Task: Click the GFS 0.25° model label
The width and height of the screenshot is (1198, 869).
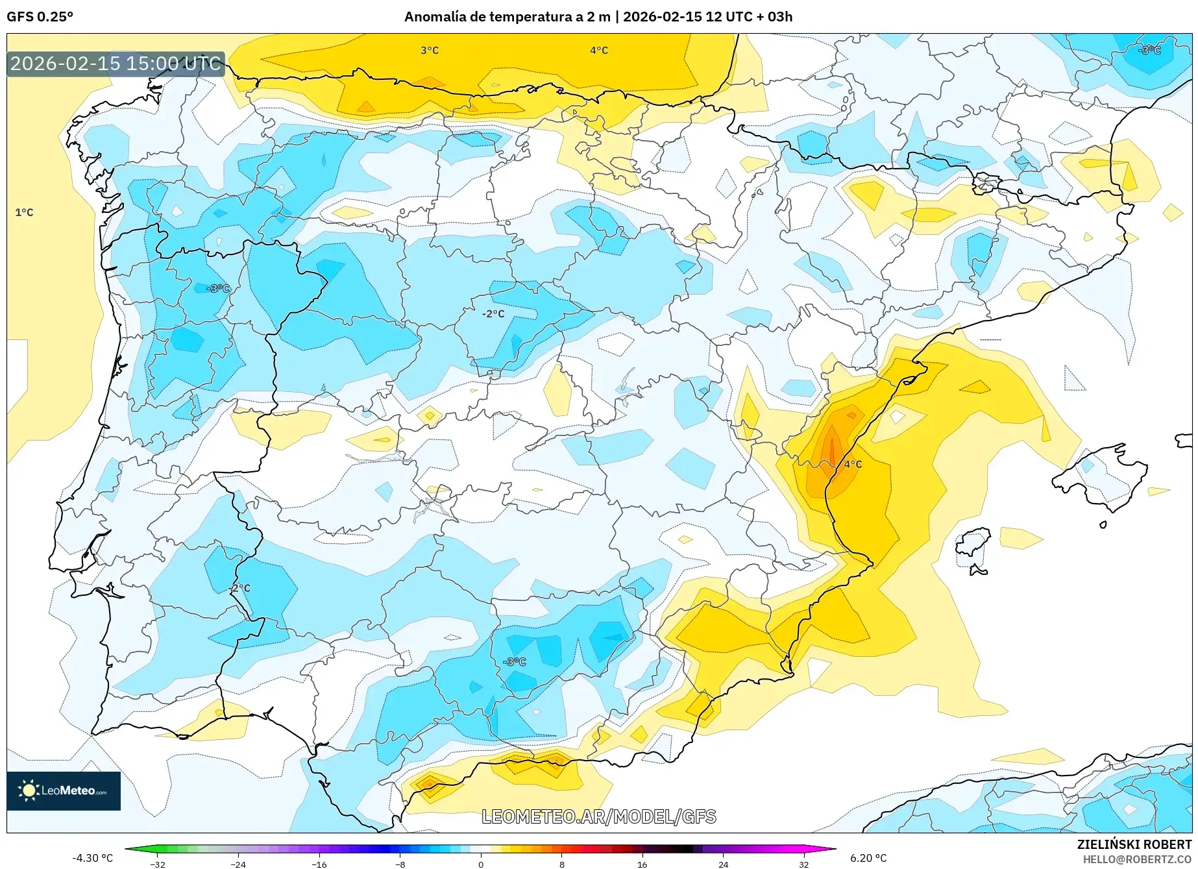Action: click(x=40, y=17)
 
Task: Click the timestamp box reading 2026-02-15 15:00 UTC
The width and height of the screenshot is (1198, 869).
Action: click(x=116, y=64)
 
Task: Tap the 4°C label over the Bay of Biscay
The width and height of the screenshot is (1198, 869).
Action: click(x=598, y=51)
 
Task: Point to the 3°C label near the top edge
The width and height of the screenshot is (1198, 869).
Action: click(x=429, y=51)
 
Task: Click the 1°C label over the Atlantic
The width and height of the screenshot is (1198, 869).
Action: click(x=24, y=212)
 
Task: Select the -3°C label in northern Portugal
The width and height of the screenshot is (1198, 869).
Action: click(x=218, y=288)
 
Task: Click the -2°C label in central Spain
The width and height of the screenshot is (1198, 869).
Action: click(x=493, y=313)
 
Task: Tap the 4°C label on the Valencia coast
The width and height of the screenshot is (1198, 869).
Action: click(x=852, y=464)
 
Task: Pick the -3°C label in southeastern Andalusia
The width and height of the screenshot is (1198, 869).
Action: click(x=514, y=662)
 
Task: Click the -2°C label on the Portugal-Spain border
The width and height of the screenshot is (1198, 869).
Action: click(x=239, y=588)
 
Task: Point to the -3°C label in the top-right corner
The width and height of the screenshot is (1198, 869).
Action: click(x=1149, y=50)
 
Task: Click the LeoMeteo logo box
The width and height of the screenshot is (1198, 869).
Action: click(x=64, y=790)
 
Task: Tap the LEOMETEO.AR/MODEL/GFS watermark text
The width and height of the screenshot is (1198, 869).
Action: click(x=598, y=816)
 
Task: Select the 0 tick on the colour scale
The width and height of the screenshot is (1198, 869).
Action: click(x=481, y=864)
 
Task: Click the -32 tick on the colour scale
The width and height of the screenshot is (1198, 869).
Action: click(x=158, y=864)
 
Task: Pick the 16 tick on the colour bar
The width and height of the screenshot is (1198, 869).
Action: click(x=642, y=864)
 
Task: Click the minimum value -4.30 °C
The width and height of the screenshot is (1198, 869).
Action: click(x=92, y=858)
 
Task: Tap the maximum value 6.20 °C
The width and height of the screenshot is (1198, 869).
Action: click(x=868, y=858)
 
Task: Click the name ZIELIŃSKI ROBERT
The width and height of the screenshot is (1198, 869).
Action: click(x=1134, y=844)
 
